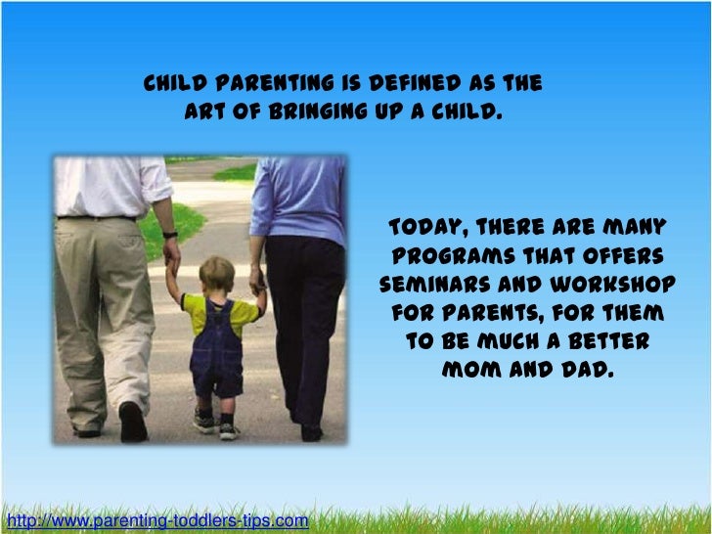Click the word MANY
[632, 229]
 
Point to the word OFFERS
[622, 257]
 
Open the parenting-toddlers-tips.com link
[156, 518]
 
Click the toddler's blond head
[216, 273]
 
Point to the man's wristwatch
[170, 236]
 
